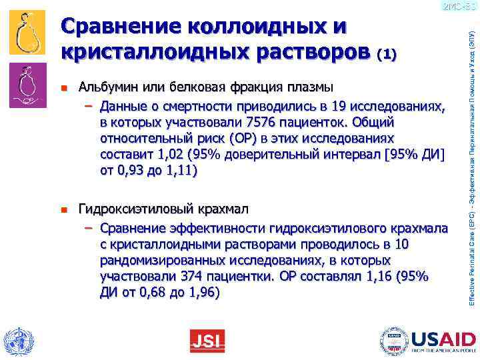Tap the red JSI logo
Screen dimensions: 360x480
207,341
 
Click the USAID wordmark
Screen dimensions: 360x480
441,337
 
